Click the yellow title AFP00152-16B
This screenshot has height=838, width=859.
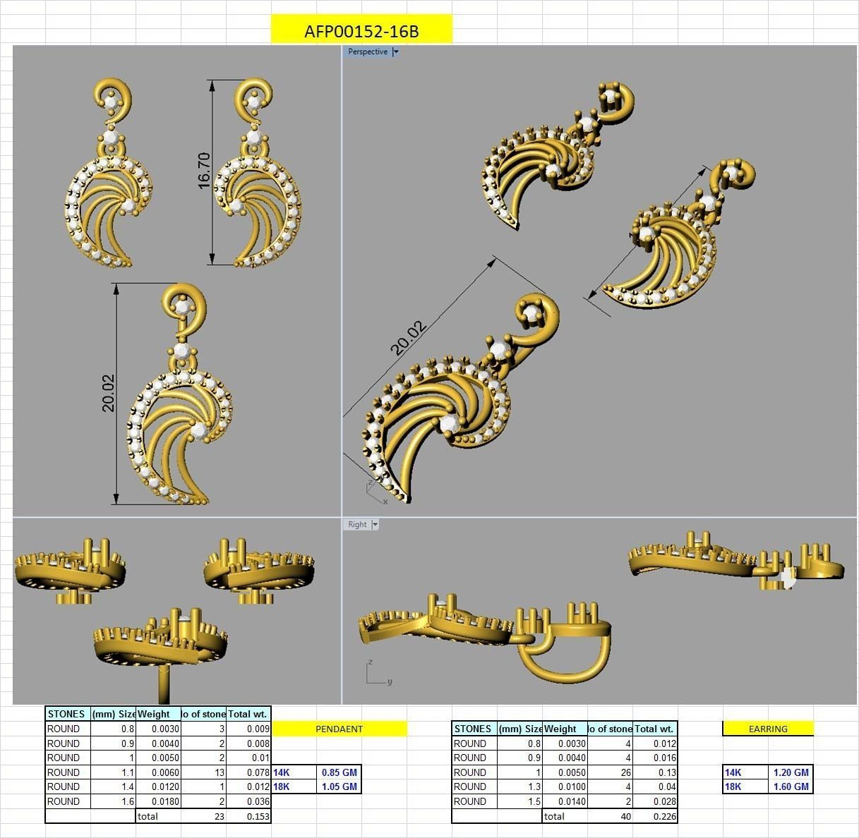point(361,31)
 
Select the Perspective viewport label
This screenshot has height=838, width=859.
point(367,51)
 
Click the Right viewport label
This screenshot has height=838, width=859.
point(357,524)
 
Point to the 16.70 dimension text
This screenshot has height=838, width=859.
point(204,170)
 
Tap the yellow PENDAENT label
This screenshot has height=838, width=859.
point(339,729)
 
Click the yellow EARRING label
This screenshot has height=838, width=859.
point(767,729)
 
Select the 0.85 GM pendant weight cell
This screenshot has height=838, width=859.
point(339,772)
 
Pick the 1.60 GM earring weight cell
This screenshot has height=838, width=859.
point(791,787)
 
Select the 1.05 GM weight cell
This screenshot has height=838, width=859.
point(339,787)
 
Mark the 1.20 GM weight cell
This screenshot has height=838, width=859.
point(791,772)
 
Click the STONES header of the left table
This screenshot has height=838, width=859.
point(66,714)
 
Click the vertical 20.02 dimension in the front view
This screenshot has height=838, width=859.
point(108,393)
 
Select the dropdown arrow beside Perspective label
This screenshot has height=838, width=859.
point(396,51)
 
